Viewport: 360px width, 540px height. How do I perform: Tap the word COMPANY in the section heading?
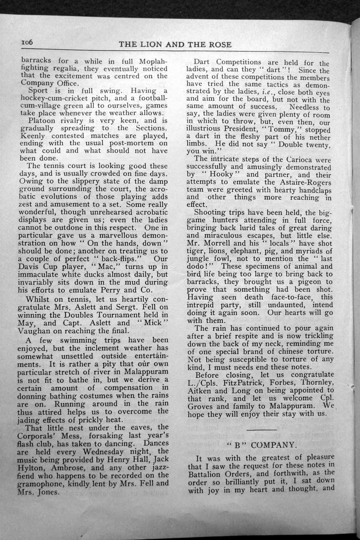point(275,445)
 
